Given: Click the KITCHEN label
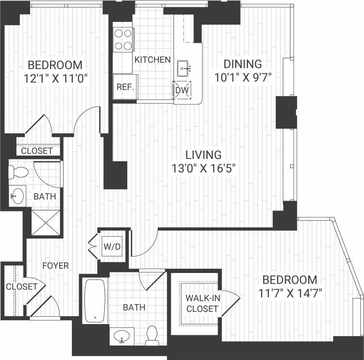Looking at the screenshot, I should [x=152, y=60].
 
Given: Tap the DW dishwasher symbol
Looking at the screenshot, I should [x=182, y=90].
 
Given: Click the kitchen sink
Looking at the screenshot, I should [x=184, y=68].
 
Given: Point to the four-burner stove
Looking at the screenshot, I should [x=123, y=39].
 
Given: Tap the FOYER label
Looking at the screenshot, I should [x=56, y=266].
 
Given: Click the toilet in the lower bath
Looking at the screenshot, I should [x=152, y=335].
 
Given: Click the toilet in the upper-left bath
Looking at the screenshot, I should [x=19, y=172].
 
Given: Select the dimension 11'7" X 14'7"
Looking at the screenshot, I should [x=290, y=293].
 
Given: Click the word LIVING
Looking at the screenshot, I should [x=204, y=155].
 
